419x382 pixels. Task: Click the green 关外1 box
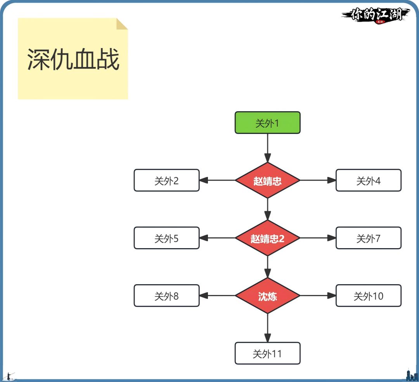pos(267,123)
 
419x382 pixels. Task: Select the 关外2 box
pos(166,180)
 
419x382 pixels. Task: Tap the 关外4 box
pos(368,180)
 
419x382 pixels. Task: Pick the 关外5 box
pos(166,238)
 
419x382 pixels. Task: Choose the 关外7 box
pos(368,238)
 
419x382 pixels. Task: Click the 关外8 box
pos(166,296)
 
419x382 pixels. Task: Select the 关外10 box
pos(368,296)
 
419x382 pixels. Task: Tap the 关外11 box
pos(267,353)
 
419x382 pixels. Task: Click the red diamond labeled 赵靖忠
pos(267,180)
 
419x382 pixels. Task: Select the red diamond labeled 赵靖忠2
pos(267,238)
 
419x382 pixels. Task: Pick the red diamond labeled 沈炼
pos(267,296)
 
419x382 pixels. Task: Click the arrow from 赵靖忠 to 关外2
pos(217,180)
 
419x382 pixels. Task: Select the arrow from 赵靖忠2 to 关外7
pos(318,238)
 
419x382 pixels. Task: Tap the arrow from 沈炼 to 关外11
pos(267,328)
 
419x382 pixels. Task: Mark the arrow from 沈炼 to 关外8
pos(217,296)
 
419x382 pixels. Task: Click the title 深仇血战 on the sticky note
pos(73,60)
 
